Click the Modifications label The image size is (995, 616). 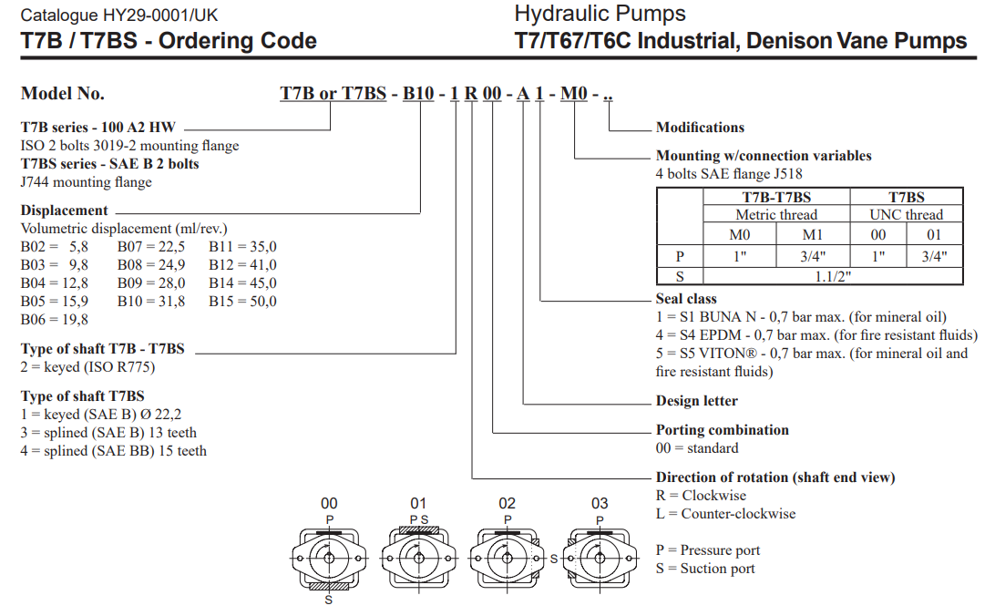(700, 128)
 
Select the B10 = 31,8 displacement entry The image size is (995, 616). (151, 302)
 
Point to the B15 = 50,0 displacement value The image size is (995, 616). (242, 302)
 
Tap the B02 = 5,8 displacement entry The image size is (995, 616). (55, 247)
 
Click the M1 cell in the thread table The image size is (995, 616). (813, 235)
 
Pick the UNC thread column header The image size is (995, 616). (906, 215)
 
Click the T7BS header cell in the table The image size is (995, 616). (906, 197)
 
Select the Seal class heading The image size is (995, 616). (686, 299)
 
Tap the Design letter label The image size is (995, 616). (697, 401)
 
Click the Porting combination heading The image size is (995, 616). (723, 430)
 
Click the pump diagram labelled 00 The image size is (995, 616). (329, 554)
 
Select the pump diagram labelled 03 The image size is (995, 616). (600, 554)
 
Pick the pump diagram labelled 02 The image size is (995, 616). (508, 554)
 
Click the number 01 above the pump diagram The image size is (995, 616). (418, 503)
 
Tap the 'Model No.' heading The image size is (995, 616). (63, 94)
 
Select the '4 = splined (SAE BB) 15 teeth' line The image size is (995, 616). (114, 451)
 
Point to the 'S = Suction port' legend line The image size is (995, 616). (705, 569)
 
